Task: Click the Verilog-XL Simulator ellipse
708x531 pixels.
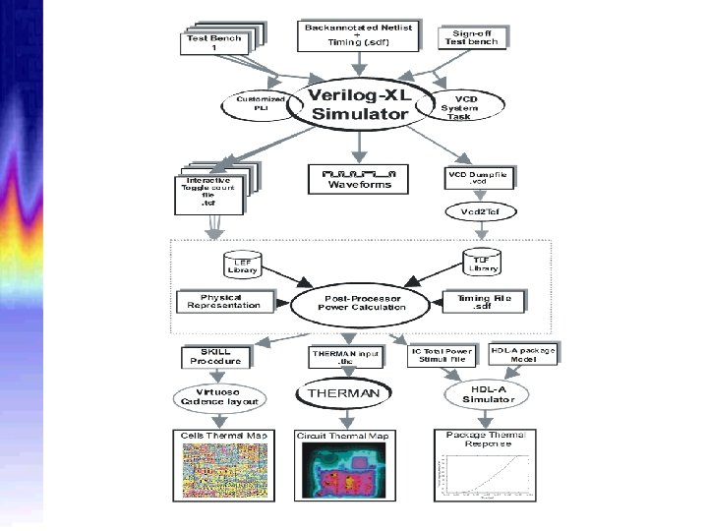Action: coord(358,103)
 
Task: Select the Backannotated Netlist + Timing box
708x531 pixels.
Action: coord(358,35)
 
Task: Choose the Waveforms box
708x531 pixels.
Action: coord(359,178)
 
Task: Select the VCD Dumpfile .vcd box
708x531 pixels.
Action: coord(478,178)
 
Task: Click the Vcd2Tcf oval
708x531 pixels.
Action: coord(479,212)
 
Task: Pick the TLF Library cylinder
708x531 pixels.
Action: coord(481,263)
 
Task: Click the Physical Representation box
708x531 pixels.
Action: coord(224,301)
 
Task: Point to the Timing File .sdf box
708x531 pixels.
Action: coord(485,301)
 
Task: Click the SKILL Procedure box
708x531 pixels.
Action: coord(221,356)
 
